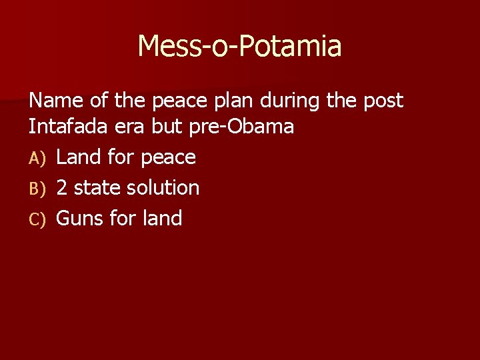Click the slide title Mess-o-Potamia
[x=239, y=46]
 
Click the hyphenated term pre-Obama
[x=242, y=127]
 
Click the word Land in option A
[x=79, y=157]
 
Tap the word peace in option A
[x=168, y=159]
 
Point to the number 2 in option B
[x=62, y=188]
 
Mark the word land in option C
[x=161, y=219]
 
